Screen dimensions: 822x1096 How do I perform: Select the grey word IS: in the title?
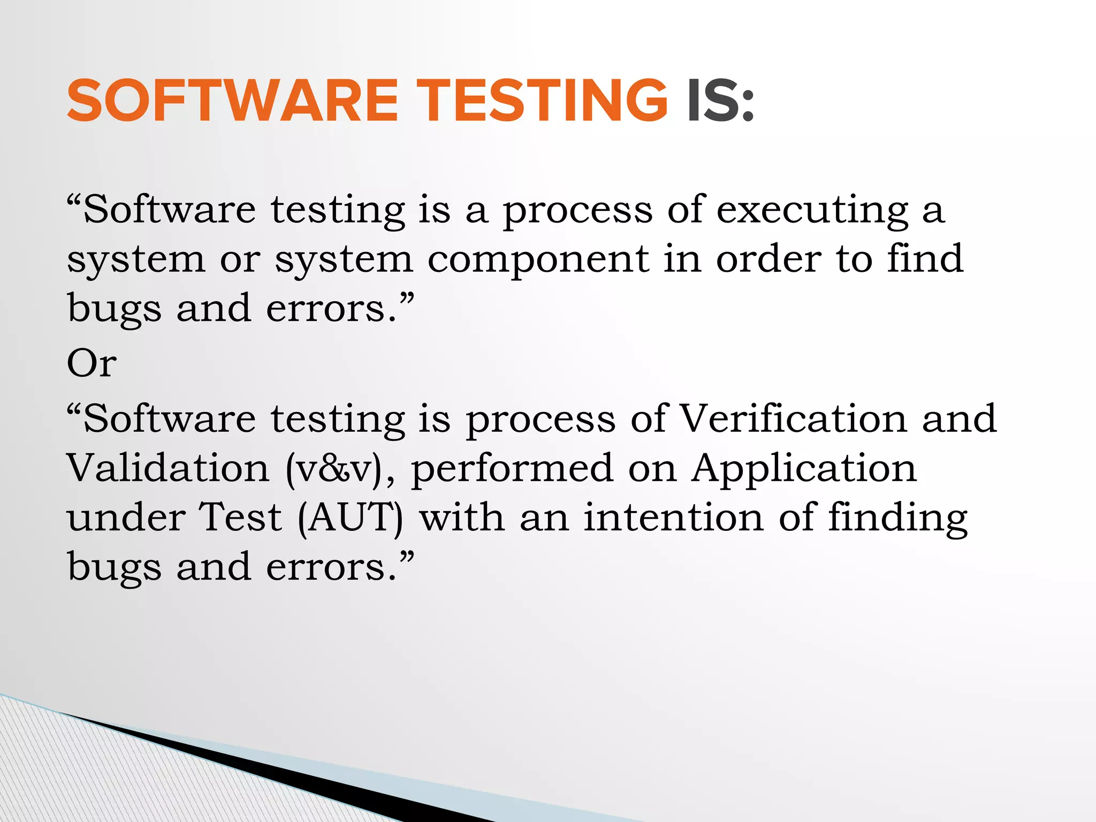(x=720, y=101)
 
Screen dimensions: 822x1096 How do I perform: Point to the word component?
(x=538, y=260)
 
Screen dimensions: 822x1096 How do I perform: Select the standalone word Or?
(x=92, y=363)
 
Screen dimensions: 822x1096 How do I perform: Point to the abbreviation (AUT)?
(x=351, y=518)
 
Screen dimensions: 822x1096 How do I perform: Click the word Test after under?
(x=240, y=517)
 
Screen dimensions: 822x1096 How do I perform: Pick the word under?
(x=126, y=518)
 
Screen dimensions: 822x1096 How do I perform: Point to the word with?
(x=462, y=517)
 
